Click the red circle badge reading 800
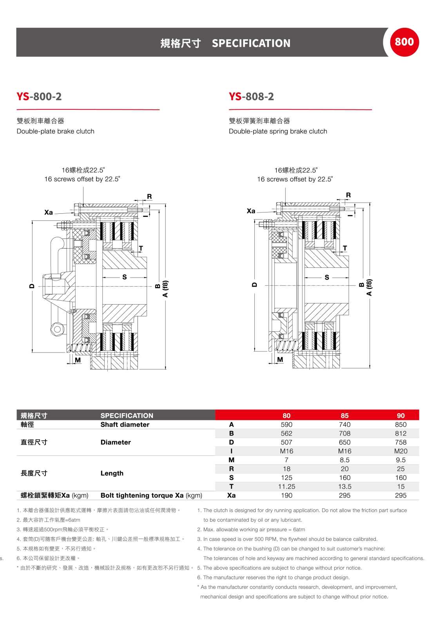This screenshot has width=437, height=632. [x=404, y=42]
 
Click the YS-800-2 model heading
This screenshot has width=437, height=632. [x=39, y=96]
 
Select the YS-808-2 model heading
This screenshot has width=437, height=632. [x=251, y=96]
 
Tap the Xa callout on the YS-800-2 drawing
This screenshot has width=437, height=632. [x=49, y=212]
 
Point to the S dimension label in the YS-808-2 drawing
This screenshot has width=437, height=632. [x=327, y=278]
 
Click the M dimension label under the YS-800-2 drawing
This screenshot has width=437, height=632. [x=78, y=360]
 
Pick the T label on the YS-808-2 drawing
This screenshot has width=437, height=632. [x=345, y=248]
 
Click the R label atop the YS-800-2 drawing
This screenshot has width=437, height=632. [x=149, y=196]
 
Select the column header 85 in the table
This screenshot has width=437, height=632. [x=345, y=416]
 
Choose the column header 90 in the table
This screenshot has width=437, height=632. [x=401, y=416]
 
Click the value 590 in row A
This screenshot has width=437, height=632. [x=286, y=425]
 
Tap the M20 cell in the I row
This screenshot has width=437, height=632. [x=401, y=451]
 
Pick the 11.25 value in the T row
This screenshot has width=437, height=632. [x=286, y=487]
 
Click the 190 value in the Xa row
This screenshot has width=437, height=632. [x=286, y=496]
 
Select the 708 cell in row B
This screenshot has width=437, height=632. [x=345, y=434]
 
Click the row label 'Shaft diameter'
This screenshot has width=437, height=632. [x=125, y=425]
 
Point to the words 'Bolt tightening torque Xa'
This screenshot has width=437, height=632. [x=142, y=496]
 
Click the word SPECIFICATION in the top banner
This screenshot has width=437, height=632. [x=251, y=43]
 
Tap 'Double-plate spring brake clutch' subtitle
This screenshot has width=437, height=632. [x=278, y=131]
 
